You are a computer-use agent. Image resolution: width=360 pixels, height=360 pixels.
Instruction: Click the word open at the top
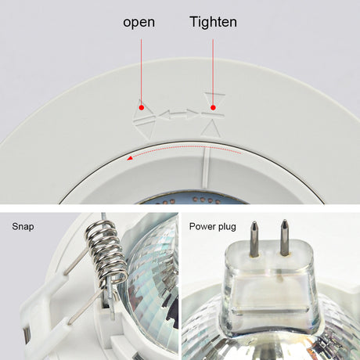[x=139, y=23]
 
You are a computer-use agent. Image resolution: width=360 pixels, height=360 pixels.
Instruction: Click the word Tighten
[x=214, y=22]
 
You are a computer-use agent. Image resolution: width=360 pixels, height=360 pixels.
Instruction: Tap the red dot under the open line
[x=142, y=107]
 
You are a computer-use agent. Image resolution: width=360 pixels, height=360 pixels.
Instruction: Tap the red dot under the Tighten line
[x=213, y=107]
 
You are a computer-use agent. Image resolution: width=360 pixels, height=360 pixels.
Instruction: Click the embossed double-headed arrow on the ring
[x=178, y=114]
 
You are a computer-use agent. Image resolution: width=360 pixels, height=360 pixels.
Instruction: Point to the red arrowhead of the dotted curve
[x=129, y=158]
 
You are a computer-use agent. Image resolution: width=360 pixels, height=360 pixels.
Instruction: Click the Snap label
[x=23, y=226]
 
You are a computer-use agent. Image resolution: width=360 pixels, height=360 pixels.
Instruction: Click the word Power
[x=203, y=226]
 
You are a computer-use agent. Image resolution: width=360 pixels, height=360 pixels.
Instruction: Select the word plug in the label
[x=227, y=227]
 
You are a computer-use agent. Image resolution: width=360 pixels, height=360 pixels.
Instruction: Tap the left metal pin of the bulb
[x=254, y=239]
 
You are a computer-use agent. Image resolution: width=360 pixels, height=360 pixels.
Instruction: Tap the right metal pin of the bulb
[x=284, y=237]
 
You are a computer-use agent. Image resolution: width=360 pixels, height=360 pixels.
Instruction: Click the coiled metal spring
[x=106, y=252]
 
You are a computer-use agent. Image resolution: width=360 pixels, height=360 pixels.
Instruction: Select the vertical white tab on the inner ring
[x=206, y=168]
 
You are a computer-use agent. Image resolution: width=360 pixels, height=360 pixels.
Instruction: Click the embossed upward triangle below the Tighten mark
[x=211, y=128]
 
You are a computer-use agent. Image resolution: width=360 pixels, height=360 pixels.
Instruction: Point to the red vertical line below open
[x=142, y=72]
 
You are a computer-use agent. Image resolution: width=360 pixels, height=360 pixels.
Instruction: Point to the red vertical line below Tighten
[x=213, y=72]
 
